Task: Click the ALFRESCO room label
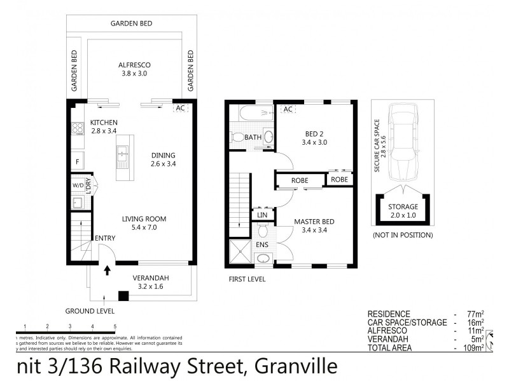click(x=133, y=65)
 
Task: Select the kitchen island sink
click(x=122, y=152)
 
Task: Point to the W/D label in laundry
click(x=78, y=186)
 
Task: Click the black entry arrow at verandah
click(x=107, y=271)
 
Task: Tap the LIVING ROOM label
click(x=143, y=220)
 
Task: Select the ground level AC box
click(x=180, y=108)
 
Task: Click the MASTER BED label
click(x=314, y=222)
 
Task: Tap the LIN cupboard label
click(x=261, y=216)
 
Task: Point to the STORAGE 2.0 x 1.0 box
click(x=403, y=210)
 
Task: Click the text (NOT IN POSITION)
click(x=402, y=235)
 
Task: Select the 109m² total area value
click(x=473, y=347)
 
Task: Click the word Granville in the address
click(x=295, y=367)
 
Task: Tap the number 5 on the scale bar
click(x=115, y=326)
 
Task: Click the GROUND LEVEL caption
click(x=90, y=311)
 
